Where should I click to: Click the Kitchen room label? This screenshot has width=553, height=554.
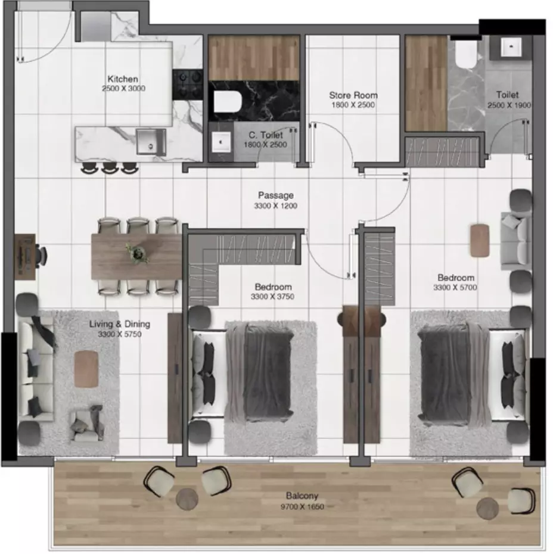point(123,79)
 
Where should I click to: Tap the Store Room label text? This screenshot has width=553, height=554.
point(353,95)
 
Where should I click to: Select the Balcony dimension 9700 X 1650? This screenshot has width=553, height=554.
point(303,507)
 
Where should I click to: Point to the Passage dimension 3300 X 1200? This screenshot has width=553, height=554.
point(276,206)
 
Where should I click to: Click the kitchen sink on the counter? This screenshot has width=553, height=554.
point(151,142)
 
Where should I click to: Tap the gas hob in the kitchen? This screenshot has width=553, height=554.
point(187,85)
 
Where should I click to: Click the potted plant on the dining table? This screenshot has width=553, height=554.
point(137,253)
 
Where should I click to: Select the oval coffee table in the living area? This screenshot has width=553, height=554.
point(86,369)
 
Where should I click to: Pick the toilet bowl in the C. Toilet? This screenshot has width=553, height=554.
point(228,101)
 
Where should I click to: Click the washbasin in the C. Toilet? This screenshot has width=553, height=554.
point(221,142)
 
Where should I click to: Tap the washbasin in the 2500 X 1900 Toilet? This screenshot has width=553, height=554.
point(511,46)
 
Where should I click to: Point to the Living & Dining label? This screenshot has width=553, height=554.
point(119,324)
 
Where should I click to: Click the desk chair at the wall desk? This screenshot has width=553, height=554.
point(41,255)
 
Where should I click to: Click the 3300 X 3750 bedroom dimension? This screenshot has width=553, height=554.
point(272,297)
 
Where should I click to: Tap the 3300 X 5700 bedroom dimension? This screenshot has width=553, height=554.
point(455,287)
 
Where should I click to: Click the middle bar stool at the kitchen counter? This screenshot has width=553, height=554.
point(109,168)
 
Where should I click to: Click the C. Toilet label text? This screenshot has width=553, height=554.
point(266,135)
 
